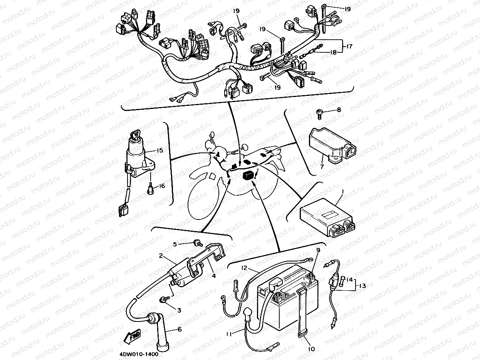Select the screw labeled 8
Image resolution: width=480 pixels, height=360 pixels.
click(319, 112)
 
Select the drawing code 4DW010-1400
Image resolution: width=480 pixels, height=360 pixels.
click(136, 354)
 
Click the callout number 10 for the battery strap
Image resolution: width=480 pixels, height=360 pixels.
click(311, 349)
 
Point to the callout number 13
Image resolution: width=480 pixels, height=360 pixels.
click(363, 286)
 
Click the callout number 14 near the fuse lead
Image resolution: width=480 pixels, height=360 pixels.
click(349, 280)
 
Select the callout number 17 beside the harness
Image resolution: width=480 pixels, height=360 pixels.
click(349, 46)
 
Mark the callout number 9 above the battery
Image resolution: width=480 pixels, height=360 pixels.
click(318, 250)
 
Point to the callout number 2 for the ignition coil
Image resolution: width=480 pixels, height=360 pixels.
click(162, 255)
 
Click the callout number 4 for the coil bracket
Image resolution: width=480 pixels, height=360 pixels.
click(213, 276)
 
